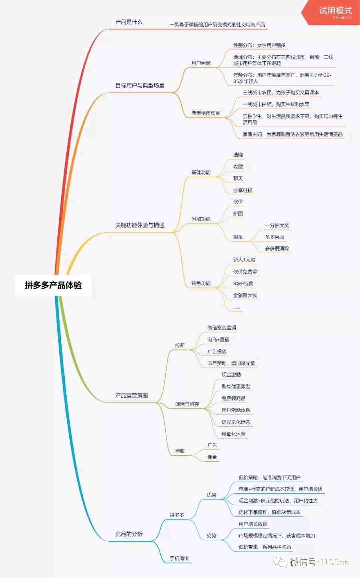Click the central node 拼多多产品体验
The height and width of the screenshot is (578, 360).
53,285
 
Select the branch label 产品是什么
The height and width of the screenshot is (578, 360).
129,22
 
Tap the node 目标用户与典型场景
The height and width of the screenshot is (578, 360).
140,85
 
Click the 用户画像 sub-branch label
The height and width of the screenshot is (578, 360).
201,63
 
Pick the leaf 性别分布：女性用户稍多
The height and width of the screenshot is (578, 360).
259,45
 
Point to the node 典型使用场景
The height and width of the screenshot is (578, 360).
206,113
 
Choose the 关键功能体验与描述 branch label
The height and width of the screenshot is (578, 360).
140,225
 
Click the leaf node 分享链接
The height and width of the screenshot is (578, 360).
243,190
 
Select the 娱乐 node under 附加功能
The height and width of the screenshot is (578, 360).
238,237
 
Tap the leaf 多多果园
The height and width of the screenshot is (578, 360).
275,237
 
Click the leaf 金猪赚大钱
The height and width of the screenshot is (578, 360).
245,295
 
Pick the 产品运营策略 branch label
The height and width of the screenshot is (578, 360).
132,396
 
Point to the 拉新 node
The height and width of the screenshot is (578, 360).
180,345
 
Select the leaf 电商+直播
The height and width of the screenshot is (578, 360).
218,340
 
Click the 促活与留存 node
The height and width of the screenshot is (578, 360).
187,404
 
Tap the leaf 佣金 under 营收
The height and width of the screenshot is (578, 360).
212,457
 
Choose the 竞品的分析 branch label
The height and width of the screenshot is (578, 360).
129,534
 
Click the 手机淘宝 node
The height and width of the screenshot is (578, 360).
179,558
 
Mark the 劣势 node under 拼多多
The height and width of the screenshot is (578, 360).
211,536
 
